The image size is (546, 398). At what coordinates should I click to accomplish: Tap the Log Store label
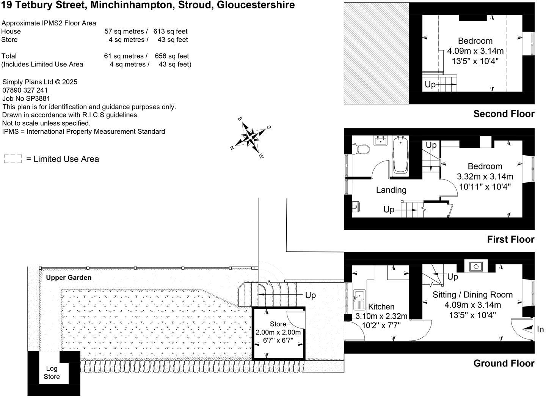pyautogui.click(x=52, y=373)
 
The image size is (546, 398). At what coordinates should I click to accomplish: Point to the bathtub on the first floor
pyautogui.click(x=400, y=156)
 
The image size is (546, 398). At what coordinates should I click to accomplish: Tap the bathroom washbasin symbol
pyautogui.click(x=380, y=141)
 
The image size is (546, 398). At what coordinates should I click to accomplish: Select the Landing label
pyautogui.click(x=391, y=190)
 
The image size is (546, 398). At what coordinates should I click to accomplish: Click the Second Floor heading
pyautogui.click(x=504, y=114)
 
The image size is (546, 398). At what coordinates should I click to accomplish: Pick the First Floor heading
pyautogui.click(x=510, y=239)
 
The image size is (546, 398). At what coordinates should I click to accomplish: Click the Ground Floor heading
pyautogui.click(x=504, y=363)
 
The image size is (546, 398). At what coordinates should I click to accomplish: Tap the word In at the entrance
pyautogui.click(x=540, y=330)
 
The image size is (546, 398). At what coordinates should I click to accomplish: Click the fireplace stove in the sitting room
pyautogui.click(x=475, y=266)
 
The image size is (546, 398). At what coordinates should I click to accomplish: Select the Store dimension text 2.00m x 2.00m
pyautogui.click(x=278, y=332)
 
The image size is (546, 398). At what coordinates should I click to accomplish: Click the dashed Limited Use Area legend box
pyautogui.click(x=13, y=159)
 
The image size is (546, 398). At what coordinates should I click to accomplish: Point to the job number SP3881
pyautogui.click(x=38, y=98)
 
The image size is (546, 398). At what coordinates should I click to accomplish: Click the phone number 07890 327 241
pyautogui.click(x=25, y=90)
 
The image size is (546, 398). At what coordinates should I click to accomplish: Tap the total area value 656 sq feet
pyautogui.click(x=172, y=56)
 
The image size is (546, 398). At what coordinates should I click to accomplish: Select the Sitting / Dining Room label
pyautogui.click(x=472, y=295)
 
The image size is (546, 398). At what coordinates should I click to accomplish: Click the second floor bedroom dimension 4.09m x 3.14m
pyautogui.click(x=475, y=51)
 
